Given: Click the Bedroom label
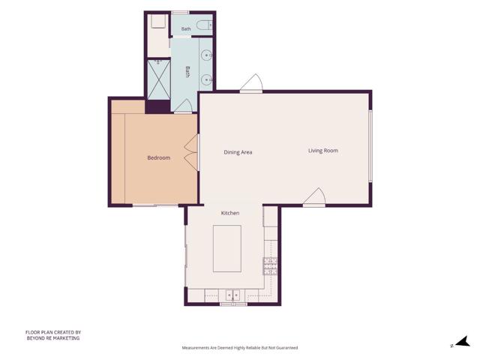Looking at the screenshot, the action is coord(158,158).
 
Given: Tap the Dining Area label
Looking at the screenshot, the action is coord(238,152).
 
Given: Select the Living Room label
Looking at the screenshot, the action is coord(323,151).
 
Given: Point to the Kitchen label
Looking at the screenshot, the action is coord(230,213).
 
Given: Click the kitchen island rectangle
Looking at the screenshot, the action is coord(227,248).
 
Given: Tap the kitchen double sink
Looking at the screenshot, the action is coord(233,295).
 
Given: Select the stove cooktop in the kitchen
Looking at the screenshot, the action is coord(270,266).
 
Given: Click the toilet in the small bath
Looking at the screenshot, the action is coord(204,25).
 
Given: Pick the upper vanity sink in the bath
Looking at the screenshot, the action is coord(207,55).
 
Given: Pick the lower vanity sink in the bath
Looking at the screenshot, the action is coord(207,80).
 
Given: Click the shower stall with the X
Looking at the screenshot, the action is coord(159,79).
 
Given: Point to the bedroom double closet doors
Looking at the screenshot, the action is coord(192,152).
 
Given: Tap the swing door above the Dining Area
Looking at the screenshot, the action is coord(252,82).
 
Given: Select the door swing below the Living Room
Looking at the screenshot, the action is coord(315,196).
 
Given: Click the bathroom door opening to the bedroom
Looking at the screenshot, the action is coord(183,106).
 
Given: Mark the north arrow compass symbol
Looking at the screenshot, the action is coord(462,342).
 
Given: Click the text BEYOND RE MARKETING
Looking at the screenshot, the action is coord(53,338).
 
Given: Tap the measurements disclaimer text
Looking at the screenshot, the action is coord(240,348).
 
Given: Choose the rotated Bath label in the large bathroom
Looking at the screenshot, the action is coord(187,72).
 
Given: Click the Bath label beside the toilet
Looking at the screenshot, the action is coord(186,28).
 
